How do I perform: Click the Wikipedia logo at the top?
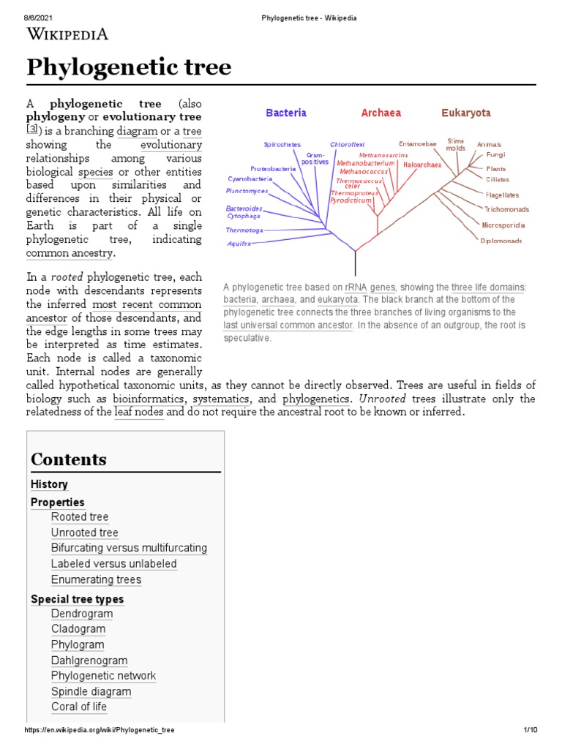(x=67, y=33)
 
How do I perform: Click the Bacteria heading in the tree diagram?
(x=286, y=113)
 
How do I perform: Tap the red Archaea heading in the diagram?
(x=381, y=113)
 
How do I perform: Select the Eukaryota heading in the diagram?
(x=465, y=113)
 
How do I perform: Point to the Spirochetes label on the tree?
(x=282, y=145)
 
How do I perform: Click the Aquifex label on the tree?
(x=239, y=243)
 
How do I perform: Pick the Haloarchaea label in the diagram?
(x=422, y=165)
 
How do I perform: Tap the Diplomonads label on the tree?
(x=501, y=241)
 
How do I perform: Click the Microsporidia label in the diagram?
(x=503, y=225)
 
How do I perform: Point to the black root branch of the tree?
(x=356, y=262)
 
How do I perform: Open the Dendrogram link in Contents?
(x=82, y=614)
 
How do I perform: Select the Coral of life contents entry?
(x=79, y=707)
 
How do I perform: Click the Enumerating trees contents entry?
(x=96, y=580)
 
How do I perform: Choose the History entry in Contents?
(x=49, y=484)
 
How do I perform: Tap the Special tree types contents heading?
(x=77, y=599)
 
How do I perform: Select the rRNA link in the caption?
(x=355, y=287)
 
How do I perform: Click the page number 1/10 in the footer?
(x=531, y=730)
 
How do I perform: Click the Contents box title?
(x=69, y=459)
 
